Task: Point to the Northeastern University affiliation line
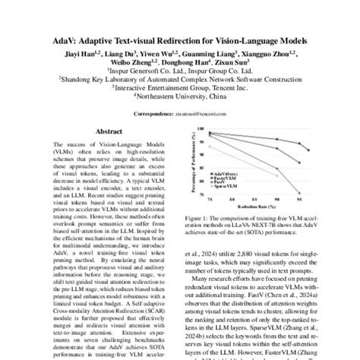(x=179, y=96)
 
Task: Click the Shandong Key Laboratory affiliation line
(x=179, y=78)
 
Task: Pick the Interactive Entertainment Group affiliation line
(x=179, y=87)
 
